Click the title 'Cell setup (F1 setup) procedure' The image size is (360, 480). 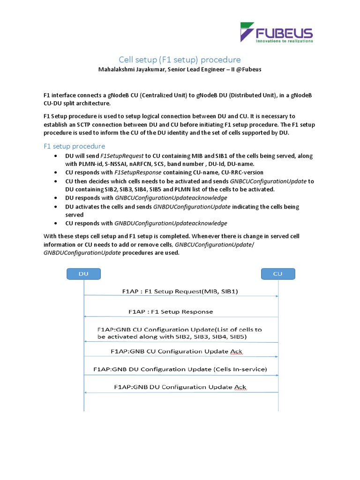coord(180,60)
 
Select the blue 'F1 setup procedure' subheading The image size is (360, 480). coord(74,146)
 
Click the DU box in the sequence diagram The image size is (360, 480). coord(83,274)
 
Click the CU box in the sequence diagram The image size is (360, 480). coord(277,274)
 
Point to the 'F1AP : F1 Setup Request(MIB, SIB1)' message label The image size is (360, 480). coord(180,291)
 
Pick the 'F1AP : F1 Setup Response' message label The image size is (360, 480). coord(171,311)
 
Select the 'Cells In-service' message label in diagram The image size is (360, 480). coord(240,369)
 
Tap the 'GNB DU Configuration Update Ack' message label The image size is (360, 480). coord(180,387)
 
